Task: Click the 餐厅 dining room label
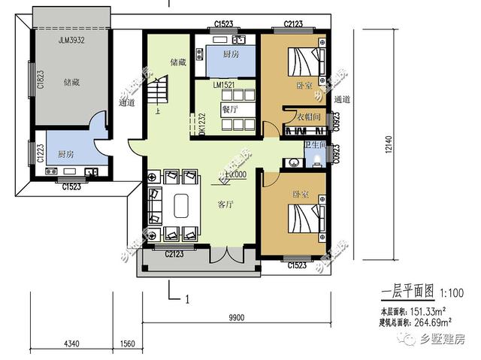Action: click(229, 108)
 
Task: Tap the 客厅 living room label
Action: click(226, 204)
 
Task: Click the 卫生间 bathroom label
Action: click(315, 144)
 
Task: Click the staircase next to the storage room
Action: click(159, 94)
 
